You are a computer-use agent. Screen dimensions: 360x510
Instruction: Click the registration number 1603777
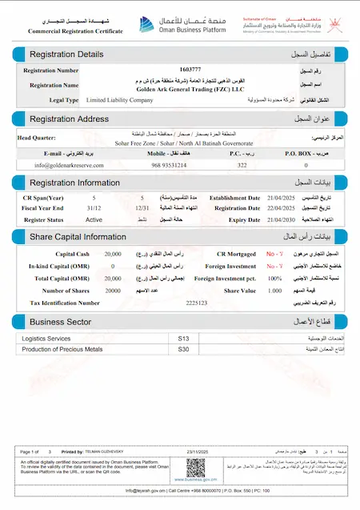(x=190, y=70)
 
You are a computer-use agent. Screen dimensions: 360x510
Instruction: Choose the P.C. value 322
(x=242, y=164)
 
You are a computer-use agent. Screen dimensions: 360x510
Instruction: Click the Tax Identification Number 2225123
(x=196, y=303)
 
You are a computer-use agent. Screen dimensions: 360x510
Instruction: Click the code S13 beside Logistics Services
(x=183, y=339)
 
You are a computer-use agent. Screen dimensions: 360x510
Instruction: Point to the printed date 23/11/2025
(x=198, y=452)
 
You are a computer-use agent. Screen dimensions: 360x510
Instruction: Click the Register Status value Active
(x=94, y=219)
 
